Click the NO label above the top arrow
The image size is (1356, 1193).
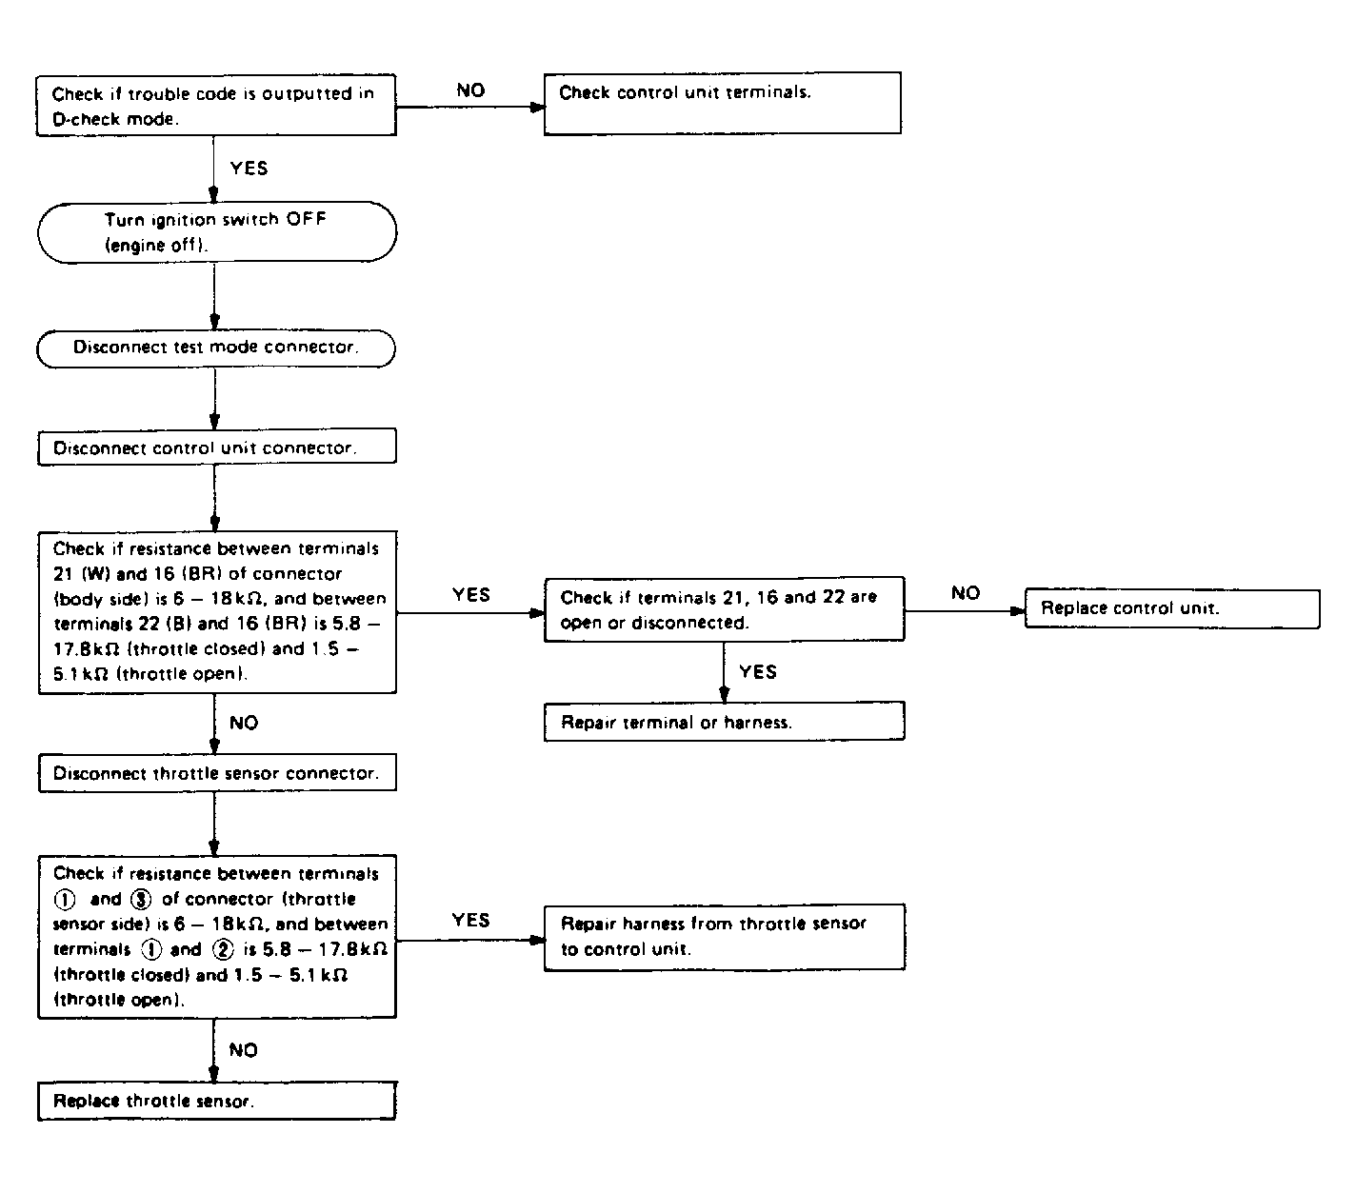470,90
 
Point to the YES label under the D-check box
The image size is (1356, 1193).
249,168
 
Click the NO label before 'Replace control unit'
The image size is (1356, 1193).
966,593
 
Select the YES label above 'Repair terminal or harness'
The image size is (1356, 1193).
758,672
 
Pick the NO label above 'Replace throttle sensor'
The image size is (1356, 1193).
243,1050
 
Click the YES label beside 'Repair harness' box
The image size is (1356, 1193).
470,920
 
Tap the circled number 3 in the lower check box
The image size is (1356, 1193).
141,899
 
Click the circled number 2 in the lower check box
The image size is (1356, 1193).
223,949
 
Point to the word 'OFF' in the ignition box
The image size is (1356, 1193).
307,220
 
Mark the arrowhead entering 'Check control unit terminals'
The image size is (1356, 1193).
537,107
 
